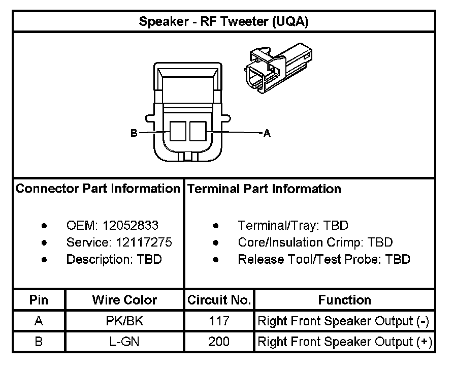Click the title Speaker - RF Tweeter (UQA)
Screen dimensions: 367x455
coord(223,22)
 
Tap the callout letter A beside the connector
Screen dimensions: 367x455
coord(267,134)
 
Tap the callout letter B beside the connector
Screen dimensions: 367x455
coord(134,133)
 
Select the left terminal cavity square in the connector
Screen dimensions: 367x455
coord(178,131)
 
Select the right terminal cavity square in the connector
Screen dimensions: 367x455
coord(198,131)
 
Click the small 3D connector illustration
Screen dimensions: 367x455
coord(277,70)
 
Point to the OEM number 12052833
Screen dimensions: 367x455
coord(131,225)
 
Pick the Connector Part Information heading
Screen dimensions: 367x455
coord(98,189)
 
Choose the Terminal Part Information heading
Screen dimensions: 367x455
coord(264,189)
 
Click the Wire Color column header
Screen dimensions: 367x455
coord(124,300)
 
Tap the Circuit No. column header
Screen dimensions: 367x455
coord(219,300)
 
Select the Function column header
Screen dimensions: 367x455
coord(344,300)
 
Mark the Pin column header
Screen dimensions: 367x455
coord(39,300)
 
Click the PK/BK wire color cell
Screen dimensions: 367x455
coord(124,321)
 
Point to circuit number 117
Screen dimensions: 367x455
coord(219,321)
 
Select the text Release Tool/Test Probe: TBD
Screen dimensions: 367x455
coord(323,259)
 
